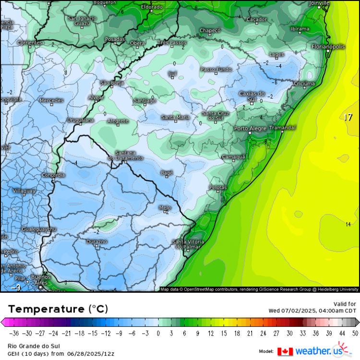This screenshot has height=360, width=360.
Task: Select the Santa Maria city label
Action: (175, 117)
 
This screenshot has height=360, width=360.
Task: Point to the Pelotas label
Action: (218, 187)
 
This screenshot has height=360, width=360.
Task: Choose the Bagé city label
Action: (167, 172)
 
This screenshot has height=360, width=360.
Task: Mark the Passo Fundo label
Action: (216, 70)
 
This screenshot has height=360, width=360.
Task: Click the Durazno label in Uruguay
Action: (96, 241)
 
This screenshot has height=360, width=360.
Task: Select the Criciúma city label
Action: (304, 84)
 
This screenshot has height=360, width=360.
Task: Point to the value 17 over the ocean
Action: (348, 117)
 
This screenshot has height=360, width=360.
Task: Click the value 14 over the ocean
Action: (348, 224)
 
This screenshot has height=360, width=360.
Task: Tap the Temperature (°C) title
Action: (58, 308)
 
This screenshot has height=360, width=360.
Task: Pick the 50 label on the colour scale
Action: (355, 333)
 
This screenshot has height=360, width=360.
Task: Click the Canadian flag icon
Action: (285, 351)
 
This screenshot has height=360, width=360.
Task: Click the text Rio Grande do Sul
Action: (29, 346)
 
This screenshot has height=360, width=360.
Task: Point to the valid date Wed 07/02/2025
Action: (312, 310)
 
